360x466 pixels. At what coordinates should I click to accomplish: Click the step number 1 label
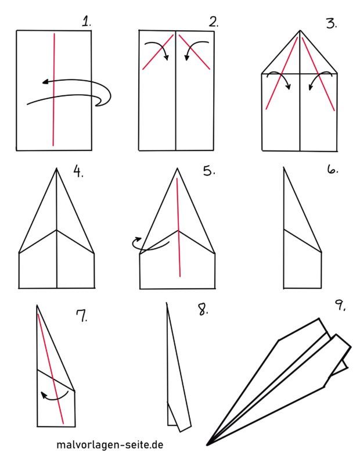(87, 21)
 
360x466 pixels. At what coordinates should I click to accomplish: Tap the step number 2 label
(214, 21)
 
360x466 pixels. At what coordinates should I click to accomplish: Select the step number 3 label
(331, 23)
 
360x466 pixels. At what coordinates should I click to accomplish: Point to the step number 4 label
(78, 171)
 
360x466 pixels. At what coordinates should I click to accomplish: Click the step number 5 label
(209, 171)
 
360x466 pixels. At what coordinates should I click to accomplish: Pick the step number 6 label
(333, 170)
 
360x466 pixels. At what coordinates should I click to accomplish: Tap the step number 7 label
(82, 316)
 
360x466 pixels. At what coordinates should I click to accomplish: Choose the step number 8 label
(203, 309)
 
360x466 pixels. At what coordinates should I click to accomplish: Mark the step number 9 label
(340, 305)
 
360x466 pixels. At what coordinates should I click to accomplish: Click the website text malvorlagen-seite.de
(110, 445)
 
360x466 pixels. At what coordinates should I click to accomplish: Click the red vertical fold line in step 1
(54, 89)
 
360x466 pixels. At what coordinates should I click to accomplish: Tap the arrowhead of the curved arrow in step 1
(45, 81)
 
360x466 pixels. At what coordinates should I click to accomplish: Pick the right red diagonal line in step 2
(195, 52)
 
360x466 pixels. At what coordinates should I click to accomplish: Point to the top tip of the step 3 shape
(300, 30)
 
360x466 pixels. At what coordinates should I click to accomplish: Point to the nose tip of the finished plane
(207, 445)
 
